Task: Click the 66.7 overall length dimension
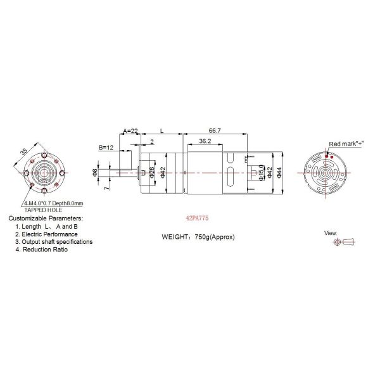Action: pos(215,130)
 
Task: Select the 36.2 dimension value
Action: pos(204,141)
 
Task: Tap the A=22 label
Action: pos(130,130)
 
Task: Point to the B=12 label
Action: pos(107,147)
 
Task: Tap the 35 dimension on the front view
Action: pos(25,152)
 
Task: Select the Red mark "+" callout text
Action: pos(346,143)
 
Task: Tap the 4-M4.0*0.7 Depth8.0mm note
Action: pos(53,203)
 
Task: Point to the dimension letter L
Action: pos(162,130)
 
